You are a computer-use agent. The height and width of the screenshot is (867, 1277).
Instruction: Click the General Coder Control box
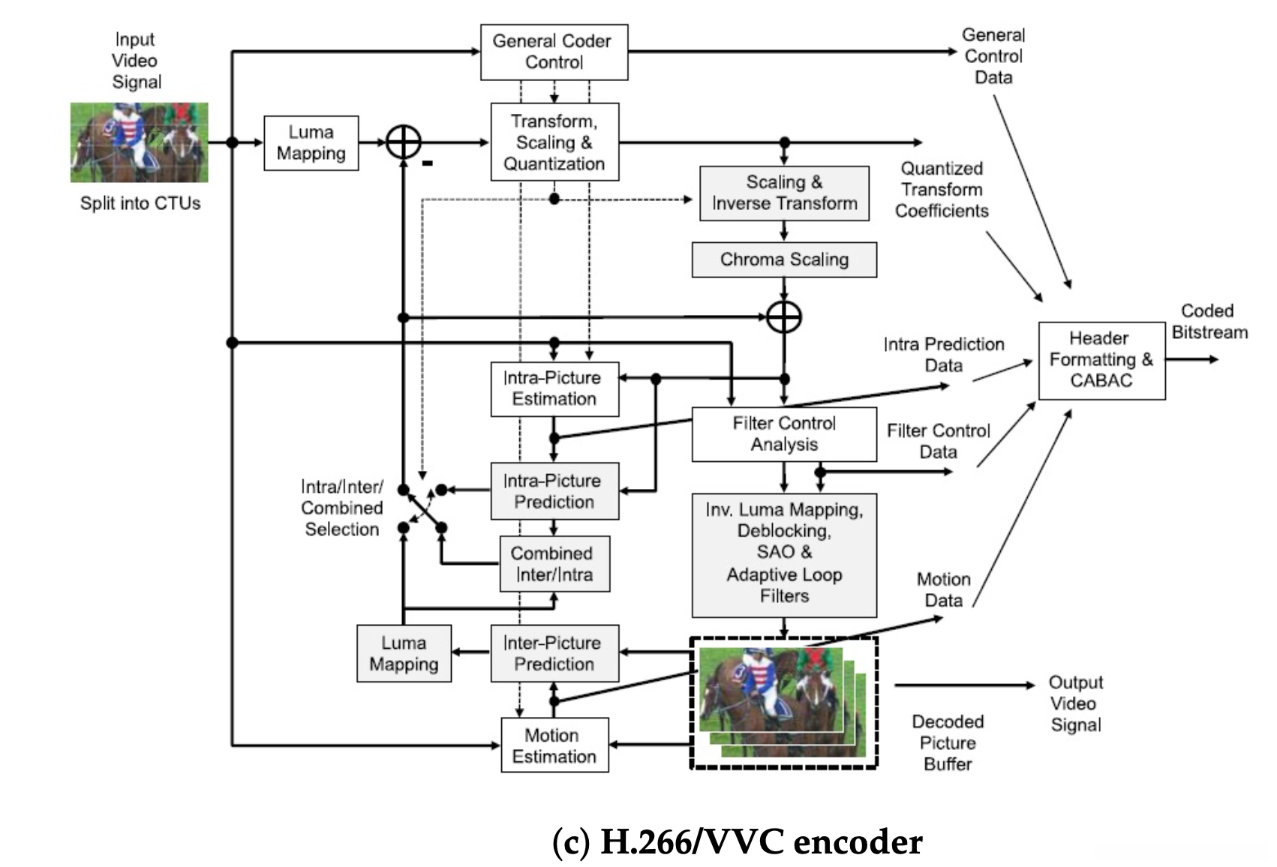[554, 52]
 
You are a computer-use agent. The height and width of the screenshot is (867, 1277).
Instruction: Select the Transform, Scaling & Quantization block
[554, 142]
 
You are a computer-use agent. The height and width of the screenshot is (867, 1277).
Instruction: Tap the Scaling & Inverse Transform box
[784, 193]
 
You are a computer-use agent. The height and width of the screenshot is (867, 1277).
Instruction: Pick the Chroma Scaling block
[784, 259]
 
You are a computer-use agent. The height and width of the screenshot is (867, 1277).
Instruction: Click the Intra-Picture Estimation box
[554, 388]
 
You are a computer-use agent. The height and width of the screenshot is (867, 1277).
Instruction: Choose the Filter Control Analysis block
[784, 433]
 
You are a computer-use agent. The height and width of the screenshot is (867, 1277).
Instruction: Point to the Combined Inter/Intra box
[554, 564]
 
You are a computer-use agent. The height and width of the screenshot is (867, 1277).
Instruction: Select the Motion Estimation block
[554, 745]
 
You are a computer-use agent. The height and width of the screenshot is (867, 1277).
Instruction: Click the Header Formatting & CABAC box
[1101, 360]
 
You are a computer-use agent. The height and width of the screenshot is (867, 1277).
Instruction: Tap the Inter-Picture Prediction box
[554, 653]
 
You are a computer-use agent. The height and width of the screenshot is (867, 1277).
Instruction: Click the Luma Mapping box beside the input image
[311, 142]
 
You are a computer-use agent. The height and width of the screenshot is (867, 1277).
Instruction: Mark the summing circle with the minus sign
[404, 142]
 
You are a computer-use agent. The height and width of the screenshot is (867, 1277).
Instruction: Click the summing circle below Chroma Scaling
[784, 317]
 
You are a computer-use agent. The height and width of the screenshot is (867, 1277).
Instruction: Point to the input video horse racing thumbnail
[139, 142]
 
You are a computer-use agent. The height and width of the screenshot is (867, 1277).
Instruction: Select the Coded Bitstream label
[1209, 322]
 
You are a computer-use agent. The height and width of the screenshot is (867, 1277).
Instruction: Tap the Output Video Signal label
[1075, 703]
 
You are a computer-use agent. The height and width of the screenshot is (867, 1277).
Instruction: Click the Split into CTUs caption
[140, 204]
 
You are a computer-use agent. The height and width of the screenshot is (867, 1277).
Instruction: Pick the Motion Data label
[943, 589]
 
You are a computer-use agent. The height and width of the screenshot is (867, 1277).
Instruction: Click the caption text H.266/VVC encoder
[737, 842]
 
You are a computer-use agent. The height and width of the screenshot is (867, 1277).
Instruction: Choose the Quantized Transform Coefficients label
[942, 190]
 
